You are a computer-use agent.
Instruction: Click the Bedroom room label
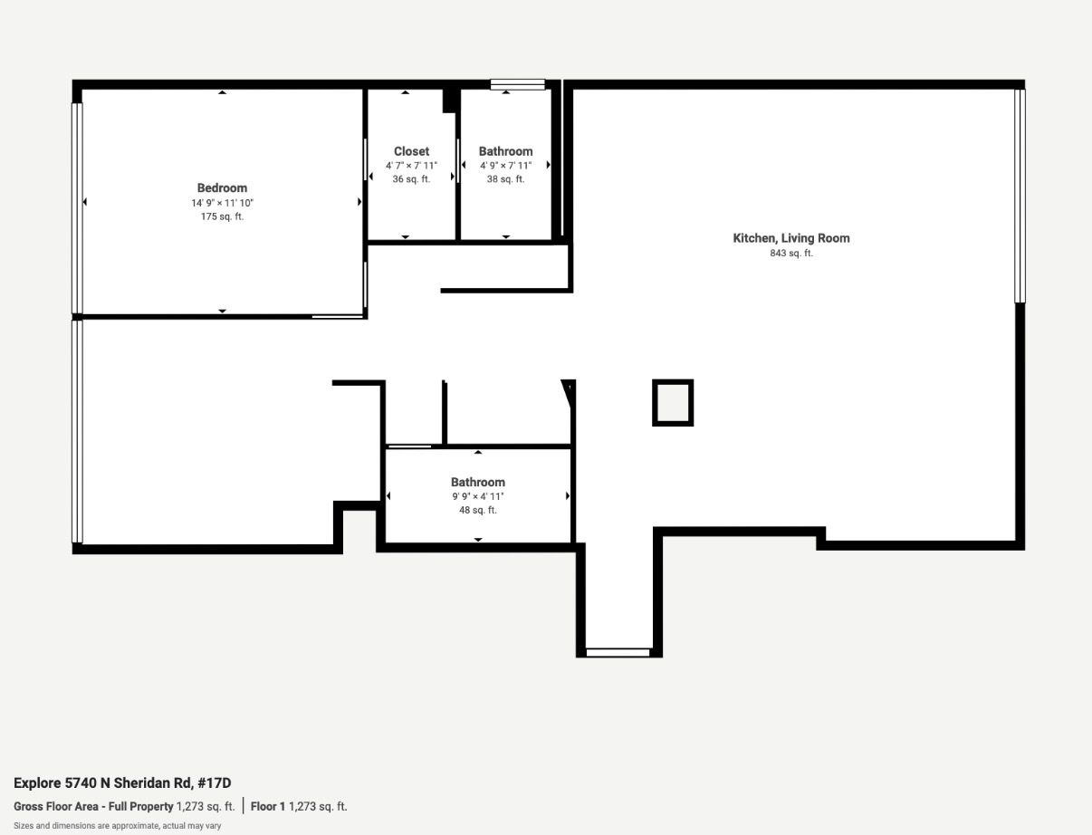[x=222, y=188]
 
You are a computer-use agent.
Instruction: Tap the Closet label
[x=411, y=151]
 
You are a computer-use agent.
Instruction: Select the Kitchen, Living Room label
[x=791, y=238]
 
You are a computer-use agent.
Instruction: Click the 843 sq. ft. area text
[x=791, y=254]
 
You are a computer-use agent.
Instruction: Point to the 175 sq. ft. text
[x=222, y=216]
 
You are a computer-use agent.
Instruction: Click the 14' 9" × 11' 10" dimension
[x=222, y=203]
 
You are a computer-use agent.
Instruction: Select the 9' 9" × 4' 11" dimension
[x=478, y=496]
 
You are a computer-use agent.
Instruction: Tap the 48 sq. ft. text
[x=478, y=511]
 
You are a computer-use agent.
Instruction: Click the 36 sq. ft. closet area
[x=411, y=179]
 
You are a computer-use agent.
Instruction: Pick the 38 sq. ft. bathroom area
[x=505, y=179]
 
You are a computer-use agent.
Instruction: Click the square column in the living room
[x=673, y=403]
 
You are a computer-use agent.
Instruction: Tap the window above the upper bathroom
[x=518, y=85]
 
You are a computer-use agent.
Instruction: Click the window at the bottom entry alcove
[x=618, y=652]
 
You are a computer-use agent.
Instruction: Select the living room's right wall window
[x=1020, y=195]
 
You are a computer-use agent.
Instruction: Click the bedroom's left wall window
[x=77, y=208]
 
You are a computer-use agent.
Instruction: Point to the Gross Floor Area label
[x=93, y=806]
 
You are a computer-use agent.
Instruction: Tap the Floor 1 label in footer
[x=268, y=806]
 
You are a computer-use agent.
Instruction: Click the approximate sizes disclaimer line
[x=117, y=825]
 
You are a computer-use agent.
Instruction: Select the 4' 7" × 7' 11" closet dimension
[x=411, y=166]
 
